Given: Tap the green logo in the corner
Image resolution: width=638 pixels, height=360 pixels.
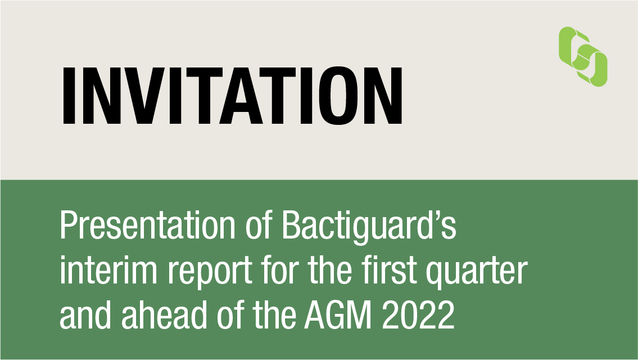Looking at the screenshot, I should [583, 57].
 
